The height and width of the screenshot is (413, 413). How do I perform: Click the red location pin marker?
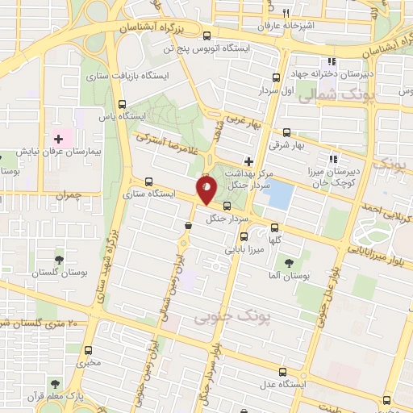click(206, 190)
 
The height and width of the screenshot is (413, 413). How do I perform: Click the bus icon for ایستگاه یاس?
click(123, 103)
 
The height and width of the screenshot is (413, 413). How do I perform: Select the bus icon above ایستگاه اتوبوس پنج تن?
click(208, 35)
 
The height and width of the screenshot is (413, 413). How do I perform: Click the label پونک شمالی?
click(332, 97)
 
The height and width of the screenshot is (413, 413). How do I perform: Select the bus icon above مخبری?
click(89, 350)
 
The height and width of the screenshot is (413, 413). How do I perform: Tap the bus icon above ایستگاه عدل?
click(282, 372)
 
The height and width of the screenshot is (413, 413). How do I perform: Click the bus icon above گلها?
click(276, 227)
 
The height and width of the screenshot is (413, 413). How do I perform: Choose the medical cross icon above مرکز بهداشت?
click(248, 161)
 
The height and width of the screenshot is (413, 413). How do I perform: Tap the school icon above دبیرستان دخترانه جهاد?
click(330, 62)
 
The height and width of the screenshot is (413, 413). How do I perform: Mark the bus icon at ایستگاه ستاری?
click(148, 181)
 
